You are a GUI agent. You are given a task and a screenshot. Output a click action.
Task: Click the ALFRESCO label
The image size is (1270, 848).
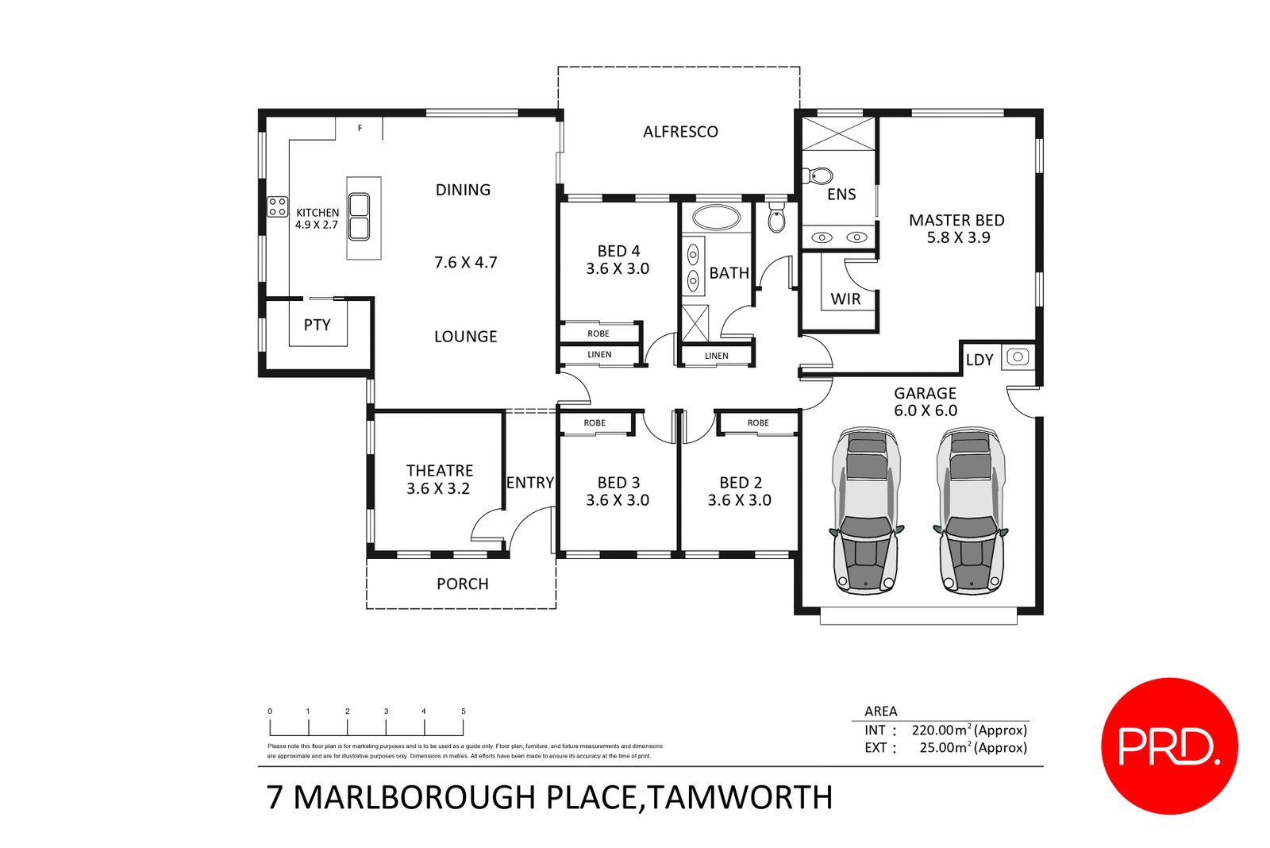pos(680,132)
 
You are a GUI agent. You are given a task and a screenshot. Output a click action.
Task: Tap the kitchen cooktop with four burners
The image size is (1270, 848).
pos(277,207)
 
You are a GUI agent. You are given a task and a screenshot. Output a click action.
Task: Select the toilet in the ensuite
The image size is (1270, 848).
pos(818,175)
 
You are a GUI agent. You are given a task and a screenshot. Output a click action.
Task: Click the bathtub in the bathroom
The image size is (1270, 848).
pos(717,217)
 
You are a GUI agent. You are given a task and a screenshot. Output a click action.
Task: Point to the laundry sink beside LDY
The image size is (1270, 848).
pos(1018,357)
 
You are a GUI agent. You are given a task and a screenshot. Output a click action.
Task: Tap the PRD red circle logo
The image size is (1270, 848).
pos(1169,746)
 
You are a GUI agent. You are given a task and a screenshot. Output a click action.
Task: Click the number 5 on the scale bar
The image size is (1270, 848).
pos(464,711)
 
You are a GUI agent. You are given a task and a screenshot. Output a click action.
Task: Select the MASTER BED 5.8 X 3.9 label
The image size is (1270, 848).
pos(956,229)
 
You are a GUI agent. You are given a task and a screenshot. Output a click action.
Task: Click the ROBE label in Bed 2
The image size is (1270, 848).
pos(758,423)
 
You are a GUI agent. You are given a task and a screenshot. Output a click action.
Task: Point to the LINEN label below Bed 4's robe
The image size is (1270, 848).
pos(599,355)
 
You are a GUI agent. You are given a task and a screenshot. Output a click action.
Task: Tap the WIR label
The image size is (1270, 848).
pos(845,299)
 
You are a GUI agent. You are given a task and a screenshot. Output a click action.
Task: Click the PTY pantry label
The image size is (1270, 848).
pos(317,325)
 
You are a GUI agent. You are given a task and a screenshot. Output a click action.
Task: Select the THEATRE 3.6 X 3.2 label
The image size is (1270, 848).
pos(439,480)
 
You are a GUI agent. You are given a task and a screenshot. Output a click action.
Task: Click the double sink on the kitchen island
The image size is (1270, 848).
pos(360,217)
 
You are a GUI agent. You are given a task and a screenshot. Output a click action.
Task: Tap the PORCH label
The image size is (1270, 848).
pos(462,584)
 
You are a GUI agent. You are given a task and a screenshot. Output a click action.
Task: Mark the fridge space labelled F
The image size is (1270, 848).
pos(360,128)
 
